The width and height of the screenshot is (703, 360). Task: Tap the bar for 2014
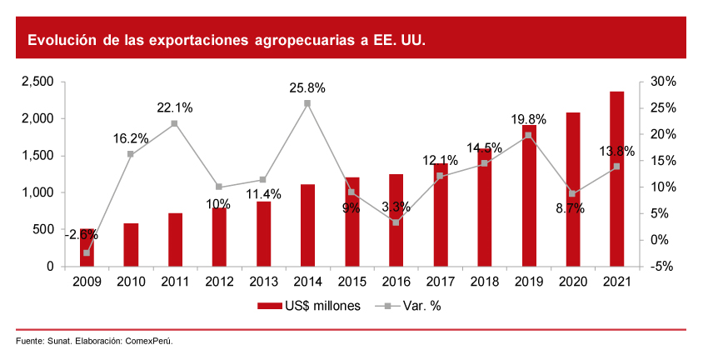[x=307, y=225]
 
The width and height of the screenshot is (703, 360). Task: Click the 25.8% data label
[x=307, y=87]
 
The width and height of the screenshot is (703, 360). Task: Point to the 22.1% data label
[x=175, y=107]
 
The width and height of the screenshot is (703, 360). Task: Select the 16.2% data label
[x=131, y=138]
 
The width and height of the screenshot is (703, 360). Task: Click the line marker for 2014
[x=307, y=103]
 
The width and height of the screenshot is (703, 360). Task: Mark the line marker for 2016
[x=396, y=222]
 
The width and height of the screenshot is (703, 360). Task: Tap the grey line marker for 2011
[x=175, y=123]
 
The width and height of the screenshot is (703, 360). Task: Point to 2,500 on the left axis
[x=37, y=82]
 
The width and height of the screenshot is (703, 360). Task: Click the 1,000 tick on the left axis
[x=37, y=192]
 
